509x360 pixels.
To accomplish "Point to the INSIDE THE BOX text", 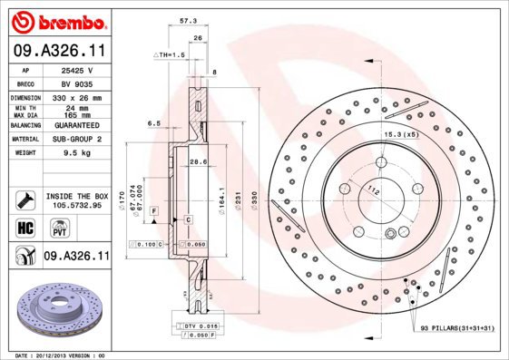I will (x=76, y=196).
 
